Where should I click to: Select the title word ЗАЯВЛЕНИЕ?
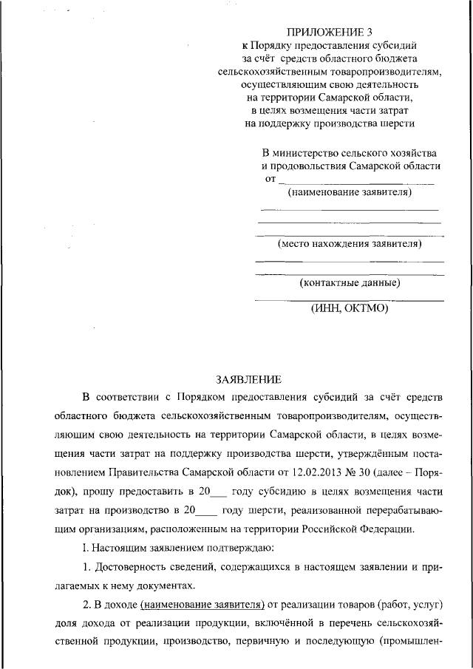[x=248, y=380]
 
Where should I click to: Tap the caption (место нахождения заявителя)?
[x=350, y=242]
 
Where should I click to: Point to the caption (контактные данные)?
[x=350, y=282]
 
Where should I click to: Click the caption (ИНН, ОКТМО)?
[x=349, y=309]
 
